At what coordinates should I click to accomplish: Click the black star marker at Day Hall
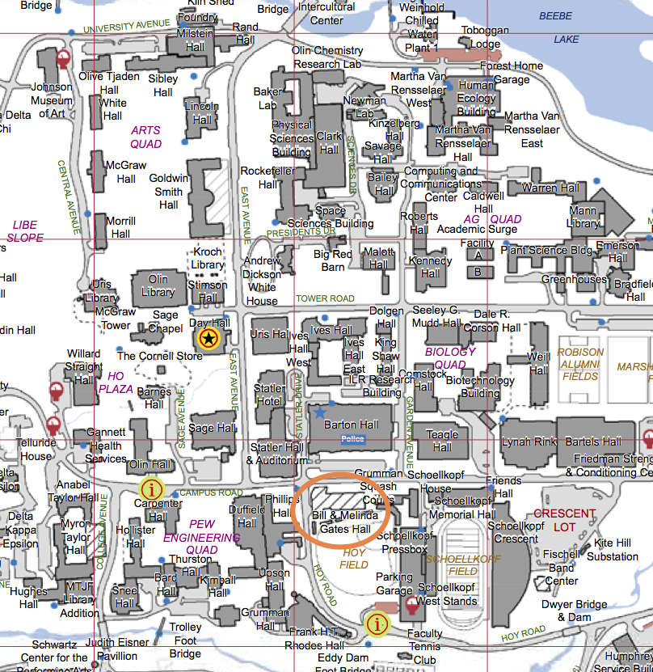pos(209,337)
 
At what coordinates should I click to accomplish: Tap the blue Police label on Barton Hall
pos(353,439)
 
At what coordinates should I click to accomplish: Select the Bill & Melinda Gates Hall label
pos(345,522)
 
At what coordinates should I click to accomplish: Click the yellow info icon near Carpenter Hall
pos(151,488)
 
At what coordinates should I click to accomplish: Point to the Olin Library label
pos(158,285)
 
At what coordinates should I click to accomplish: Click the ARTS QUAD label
pos(146,137)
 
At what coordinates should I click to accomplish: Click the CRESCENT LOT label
pos(564,520)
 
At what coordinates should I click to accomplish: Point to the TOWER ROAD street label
pos(325,298)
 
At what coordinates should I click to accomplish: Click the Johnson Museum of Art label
pos(51,100)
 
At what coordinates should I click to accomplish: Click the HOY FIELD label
pos(356,559)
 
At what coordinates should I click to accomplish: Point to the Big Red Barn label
pos(333,260)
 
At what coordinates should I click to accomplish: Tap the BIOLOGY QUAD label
pos(451,358)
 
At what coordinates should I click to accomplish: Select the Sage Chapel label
pos(166,322)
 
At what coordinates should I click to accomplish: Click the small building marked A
pos(478,254)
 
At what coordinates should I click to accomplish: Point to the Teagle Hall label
pos(442,441)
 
